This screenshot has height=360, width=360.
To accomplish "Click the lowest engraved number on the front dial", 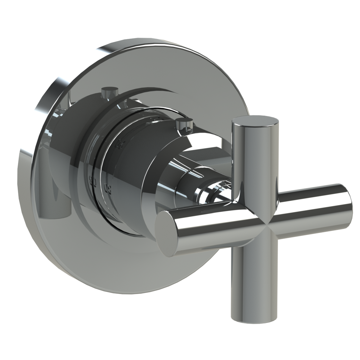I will click(x=107, y=190).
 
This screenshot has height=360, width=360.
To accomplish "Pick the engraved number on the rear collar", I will click(x=92, y=182).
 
